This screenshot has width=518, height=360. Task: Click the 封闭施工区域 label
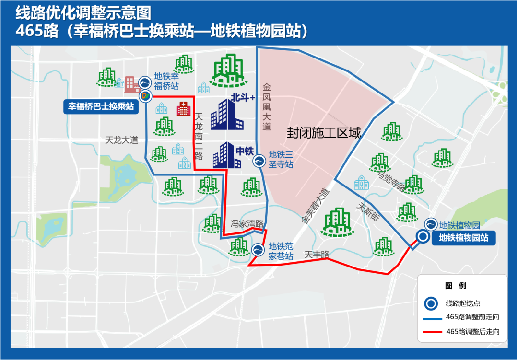(324, 133)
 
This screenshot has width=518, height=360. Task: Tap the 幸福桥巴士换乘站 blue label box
(101, 106)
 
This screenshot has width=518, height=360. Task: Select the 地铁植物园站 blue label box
(464, 237)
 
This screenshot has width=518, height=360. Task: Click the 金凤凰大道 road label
(267, 107)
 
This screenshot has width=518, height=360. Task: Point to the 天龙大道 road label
(121, 140)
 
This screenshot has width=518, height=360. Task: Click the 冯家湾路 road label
(247, 223)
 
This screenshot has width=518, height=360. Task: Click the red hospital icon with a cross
(183, 108)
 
